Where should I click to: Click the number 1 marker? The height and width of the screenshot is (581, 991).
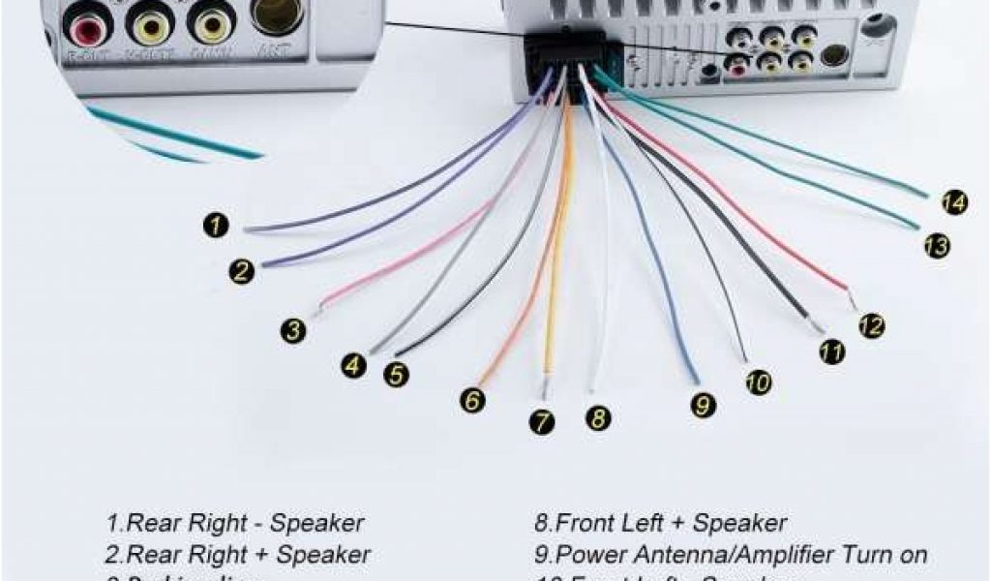[x=216, y=226]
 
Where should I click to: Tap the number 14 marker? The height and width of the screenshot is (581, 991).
[x=953, y=203]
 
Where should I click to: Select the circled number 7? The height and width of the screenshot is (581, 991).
[x=543, y=422]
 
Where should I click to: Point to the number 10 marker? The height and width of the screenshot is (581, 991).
[x=759, y=382]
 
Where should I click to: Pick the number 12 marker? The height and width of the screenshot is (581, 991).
[x=871, y=326]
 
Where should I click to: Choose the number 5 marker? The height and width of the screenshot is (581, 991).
[x=395, y=374]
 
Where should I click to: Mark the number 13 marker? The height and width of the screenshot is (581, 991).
[x=936, y=246]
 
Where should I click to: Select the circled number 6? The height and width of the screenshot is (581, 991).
[x=472, y=400]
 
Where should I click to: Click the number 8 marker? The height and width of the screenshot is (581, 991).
[x=598, y=418]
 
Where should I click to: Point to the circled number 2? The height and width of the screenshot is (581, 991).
[x=242, y=271]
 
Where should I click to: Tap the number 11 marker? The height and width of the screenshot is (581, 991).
[x=830, y=352]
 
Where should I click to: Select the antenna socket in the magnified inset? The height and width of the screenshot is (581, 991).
[x=277, y=15]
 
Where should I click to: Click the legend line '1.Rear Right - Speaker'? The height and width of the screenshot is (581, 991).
[x=235, y=524]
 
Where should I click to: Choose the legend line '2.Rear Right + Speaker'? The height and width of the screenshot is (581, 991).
[x=238, y=555]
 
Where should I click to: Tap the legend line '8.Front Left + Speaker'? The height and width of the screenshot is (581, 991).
[x=661, y=524]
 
